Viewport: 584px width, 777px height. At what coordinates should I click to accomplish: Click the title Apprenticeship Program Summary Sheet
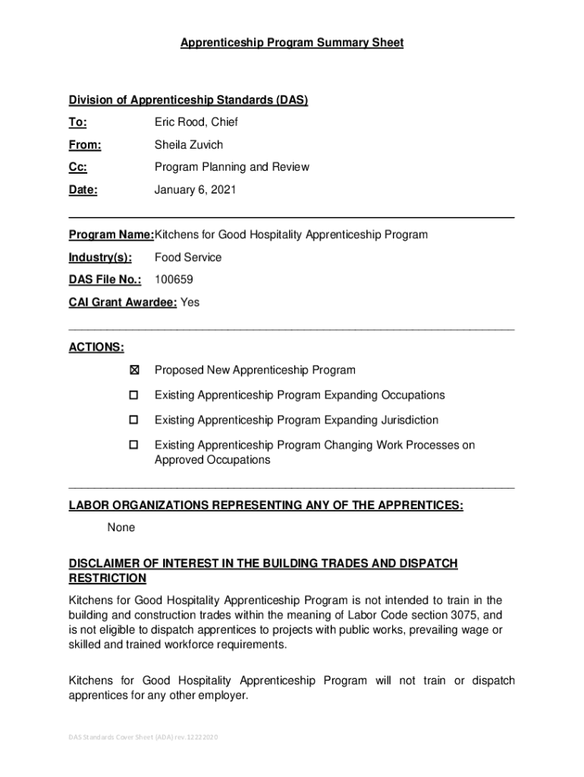(292, 43)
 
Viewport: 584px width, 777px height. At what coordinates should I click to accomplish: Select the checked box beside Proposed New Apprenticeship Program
(134, 370)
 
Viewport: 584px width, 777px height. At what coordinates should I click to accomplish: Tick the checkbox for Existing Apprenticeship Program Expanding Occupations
(134, 395)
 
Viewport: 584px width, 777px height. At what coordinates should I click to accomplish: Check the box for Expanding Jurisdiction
(134, 420)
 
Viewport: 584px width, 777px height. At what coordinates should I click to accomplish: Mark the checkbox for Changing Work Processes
(134, 445)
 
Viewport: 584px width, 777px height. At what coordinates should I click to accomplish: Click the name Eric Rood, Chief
(196, 122)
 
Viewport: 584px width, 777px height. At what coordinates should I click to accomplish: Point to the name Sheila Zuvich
(189, 145)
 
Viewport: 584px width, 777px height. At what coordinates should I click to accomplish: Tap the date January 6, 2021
(196, 190)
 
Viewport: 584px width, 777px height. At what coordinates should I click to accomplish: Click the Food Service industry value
(188, 257)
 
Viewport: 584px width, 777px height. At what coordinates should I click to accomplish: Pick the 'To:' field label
(78, 122)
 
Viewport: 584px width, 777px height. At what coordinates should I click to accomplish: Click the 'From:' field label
(85, 145)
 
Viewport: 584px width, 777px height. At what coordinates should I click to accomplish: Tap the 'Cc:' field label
(78, 167)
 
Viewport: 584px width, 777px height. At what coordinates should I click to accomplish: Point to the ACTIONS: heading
(96, 347)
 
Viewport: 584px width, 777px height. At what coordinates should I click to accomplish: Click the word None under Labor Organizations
(121, 527)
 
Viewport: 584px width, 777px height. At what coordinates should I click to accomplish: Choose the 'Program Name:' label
(111, 234)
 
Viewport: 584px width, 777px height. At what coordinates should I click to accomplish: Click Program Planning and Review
(232, 167)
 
